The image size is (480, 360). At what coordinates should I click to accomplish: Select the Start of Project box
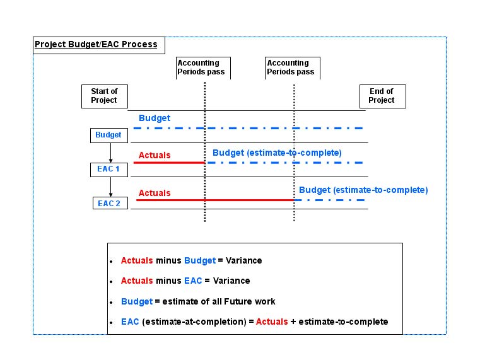[x=104, y=96]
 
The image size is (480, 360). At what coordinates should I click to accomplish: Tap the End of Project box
[x=381, y=96]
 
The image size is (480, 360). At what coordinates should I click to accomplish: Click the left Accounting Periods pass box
[x=203, y=67]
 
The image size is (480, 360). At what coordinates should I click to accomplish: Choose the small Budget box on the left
[x=108, y=135]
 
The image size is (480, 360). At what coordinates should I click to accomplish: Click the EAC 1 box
[x=108, y=170]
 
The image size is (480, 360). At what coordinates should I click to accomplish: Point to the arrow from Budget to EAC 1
[x=110, y=153]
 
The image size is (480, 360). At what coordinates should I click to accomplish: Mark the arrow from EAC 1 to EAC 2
[x=110, y=187]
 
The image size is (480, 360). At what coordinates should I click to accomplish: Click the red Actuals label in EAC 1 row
[x=155, y=155]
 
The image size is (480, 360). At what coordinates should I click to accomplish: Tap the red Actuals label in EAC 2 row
[x=155, y=193]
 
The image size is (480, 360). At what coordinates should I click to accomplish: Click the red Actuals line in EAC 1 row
[x=169, y=163]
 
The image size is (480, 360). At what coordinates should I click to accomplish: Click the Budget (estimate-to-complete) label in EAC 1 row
[x=277, y=153]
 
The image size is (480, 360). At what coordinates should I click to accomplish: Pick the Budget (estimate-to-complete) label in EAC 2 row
[x=363, y=190]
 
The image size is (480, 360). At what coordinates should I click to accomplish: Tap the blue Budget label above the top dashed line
[x=155, y=118]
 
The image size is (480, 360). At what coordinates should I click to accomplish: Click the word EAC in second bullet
[x=193, y=281]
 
